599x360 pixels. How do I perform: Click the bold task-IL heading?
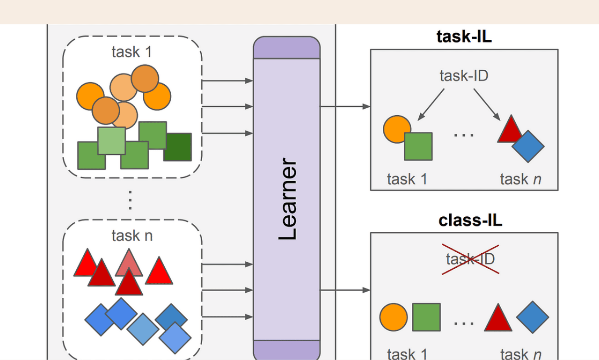click(x=464, y=37)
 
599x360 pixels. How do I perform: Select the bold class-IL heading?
click(x=470, y=220)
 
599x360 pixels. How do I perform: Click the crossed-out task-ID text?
click(x=470, y=258)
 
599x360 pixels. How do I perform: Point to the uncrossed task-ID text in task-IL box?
click(x=464, y=75)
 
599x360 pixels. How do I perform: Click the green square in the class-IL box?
click(x=426, y=317)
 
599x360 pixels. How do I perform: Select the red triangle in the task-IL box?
click(x=509, y=131)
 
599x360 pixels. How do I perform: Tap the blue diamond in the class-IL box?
click(x=533, y=317)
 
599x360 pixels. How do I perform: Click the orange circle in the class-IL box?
click(x=394, y=317)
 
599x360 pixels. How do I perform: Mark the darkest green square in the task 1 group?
click(x=178, y=147)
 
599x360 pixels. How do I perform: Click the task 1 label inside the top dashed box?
click(x=132, y=52)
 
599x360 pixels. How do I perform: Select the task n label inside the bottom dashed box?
click(x=132, y=235)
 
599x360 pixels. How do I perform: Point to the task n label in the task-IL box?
click(x=520, y=179)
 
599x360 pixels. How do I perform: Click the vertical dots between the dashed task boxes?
click(x=131, y=200)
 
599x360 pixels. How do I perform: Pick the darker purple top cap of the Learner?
click(x=287, y=48)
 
